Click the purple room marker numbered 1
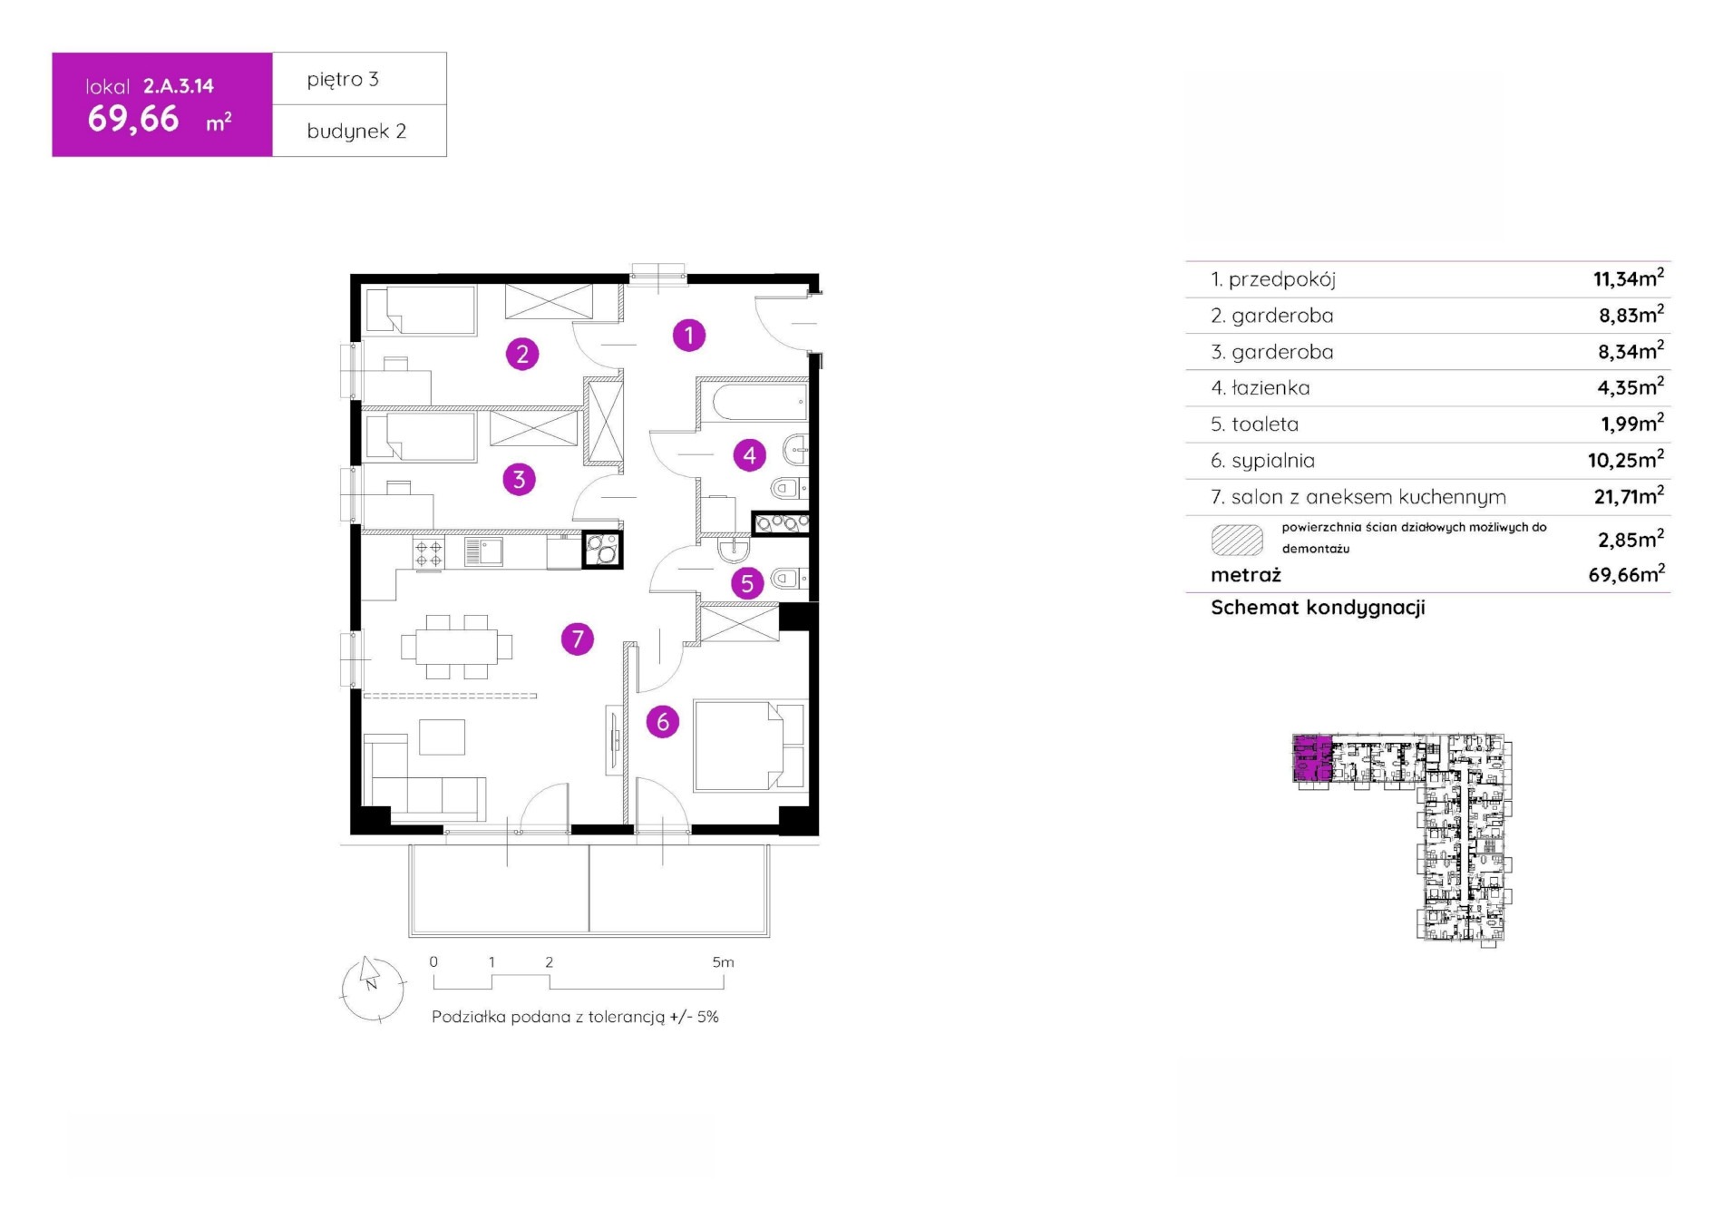coord(689,336)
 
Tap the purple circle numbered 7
coord(578,639)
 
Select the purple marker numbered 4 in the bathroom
coord(749,454)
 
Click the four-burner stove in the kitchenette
coord(429,552)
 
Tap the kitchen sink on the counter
coord(483,551)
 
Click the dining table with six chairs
coord(457,647)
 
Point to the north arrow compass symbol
coord(373,989)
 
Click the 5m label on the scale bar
coord(723,962)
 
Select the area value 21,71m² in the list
coord(1629,495)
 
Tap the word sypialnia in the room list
coord(1273,461)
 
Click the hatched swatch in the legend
coord(1237,540)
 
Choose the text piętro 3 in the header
coord(343,80)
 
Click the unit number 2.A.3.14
coord(179,86)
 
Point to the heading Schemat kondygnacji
coord(1318,608)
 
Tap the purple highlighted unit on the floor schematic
coord(1312,758)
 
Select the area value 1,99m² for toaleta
coord(1631,423)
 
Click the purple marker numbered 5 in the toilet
coord(747,583)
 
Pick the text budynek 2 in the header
coord(356,132)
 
